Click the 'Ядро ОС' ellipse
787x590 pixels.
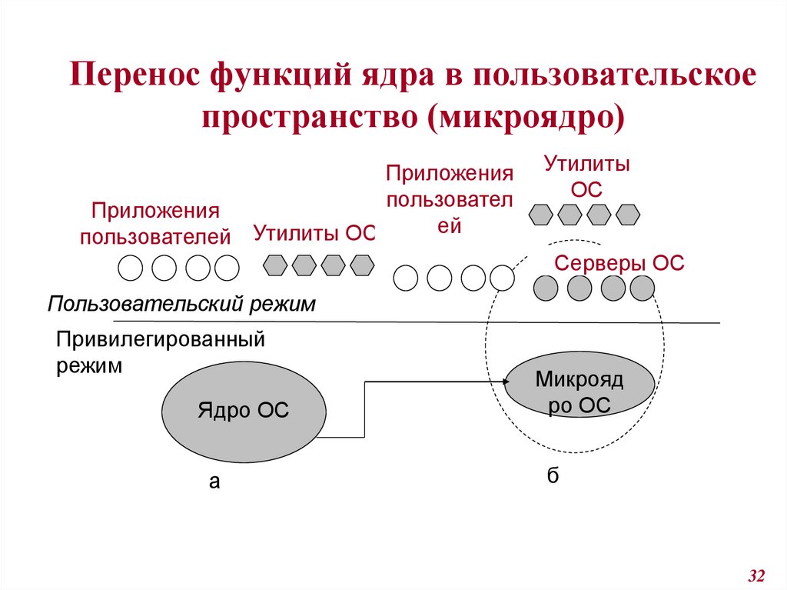(242, 410)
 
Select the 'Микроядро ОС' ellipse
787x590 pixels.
(579, 392)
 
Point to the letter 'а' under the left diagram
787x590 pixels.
(214, 482)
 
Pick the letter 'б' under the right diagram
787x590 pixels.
(553, 474)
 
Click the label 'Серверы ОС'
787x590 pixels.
(619, 263)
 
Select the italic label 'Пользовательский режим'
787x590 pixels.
(182, 303)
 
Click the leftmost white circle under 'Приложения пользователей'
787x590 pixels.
(130, 268)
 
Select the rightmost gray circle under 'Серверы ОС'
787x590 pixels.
(642, 288)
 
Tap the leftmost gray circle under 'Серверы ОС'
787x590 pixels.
(546, 288)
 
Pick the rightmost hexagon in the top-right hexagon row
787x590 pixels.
(628, 213)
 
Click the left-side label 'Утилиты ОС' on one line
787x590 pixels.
(314, 233)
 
